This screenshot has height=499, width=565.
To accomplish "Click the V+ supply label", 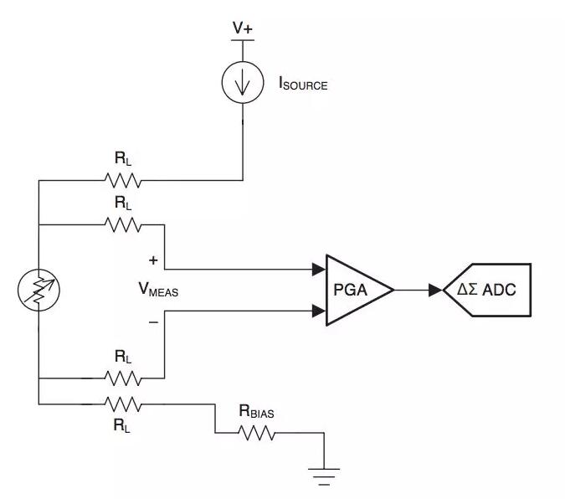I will click(x=243, y=28).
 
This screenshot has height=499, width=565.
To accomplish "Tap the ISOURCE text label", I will click(x=302, y=84).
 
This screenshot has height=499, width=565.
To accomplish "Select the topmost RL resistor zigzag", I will click(x=123, y=180).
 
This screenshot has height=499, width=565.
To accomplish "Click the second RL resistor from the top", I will click(x=123, y=224).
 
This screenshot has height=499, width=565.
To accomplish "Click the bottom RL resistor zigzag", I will click(x=123, y=404).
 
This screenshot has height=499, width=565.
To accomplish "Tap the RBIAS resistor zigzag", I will click(x=257, y=432).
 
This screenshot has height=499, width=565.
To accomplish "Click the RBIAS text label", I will click(x=257, y=411).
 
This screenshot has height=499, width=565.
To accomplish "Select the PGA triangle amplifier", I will click(x=356, y=290).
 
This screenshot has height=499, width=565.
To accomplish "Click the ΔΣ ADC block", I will click(x=490, y=290).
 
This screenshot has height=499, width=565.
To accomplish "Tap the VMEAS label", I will click(x=159, y=291).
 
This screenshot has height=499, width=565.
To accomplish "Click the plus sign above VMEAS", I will click(x=153, y=260).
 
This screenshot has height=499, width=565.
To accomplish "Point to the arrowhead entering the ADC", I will click(x=435, y=290).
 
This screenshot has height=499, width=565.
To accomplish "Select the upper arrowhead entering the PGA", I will click(x=319, y=270).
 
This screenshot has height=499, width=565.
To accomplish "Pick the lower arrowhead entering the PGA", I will click(x=319, y=311).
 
